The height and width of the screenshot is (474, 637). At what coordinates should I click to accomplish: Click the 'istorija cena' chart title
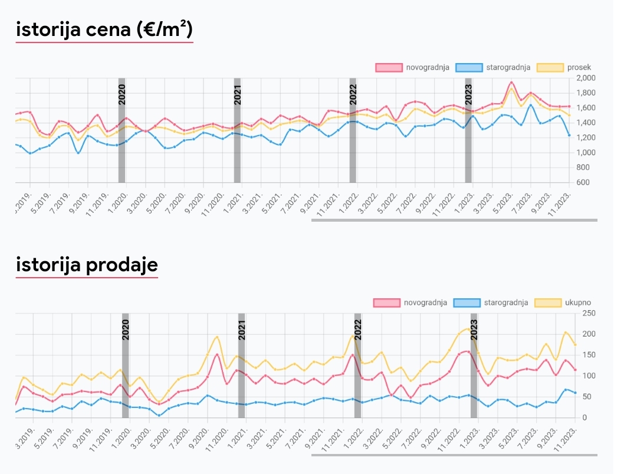(104, 29)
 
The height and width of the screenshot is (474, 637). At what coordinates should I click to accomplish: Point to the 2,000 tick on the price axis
(586, 78)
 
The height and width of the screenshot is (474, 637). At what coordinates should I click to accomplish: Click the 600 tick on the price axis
(583, 182)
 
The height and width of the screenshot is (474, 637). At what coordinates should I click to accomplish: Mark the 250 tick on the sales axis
(589, 313)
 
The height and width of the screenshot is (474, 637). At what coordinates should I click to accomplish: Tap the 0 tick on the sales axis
(585, 417)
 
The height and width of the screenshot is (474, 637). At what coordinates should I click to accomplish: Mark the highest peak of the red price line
(511, 83)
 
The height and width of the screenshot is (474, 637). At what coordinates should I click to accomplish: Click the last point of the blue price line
(569, 136)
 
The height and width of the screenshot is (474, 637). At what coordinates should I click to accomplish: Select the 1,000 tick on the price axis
(586, 152)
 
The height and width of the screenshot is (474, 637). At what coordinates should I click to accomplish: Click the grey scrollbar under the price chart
(454, 220)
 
